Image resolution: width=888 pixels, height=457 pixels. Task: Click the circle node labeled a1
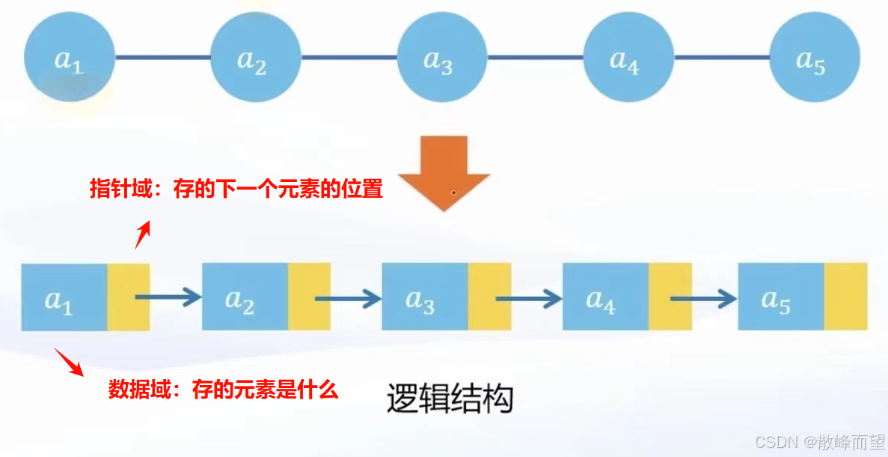69,58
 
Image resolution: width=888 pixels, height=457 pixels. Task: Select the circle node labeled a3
441,58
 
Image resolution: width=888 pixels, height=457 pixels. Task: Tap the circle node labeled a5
814,58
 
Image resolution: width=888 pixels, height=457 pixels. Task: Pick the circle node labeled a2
255,58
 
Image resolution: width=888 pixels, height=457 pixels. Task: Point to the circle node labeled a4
628,58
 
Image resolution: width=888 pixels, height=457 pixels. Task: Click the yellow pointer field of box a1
129,297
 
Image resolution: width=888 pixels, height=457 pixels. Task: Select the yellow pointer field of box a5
845,297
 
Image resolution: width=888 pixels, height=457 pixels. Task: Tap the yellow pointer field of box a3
489,297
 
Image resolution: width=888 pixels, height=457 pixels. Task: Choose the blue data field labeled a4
604,297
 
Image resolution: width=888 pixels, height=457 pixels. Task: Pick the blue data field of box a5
780,297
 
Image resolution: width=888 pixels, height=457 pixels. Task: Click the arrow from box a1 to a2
169,297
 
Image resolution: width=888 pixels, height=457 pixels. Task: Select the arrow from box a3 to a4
529,297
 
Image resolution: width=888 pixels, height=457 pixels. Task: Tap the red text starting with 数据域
224,390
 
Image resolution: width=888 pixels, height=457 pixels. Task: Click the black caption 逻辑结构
450,399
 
